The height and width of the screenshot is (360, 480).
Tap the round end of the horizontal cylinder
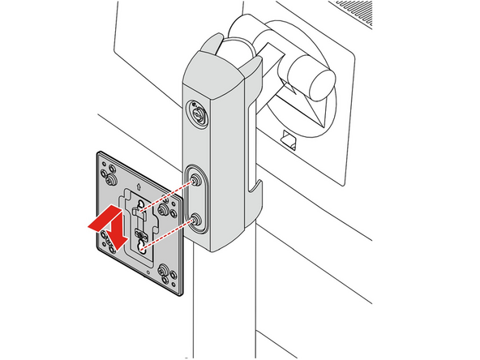(x=323, y=82)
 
